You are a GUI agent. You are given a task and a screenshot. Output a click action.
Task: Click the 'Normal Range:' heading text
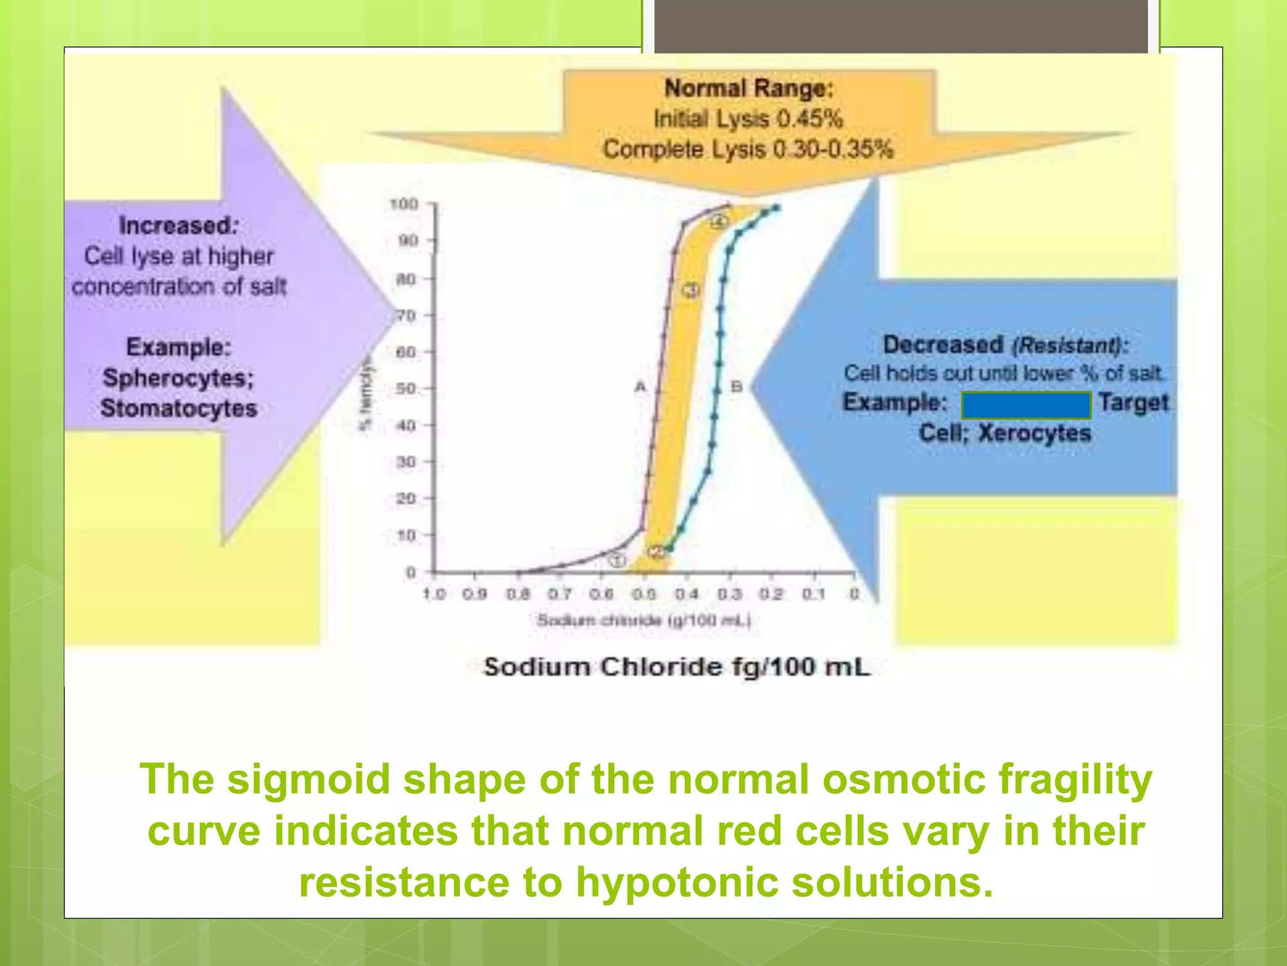[x=748, y=89]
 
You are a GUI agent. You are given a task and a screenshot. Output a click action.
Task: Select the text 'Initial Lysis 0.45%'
[x=748, y=119]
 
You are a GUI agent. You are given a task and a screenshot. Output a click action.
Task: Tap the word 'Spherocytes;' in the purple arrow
[x=178, y=378]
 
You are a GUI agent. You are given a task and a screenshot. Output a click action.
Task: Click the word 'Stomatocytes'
[x=179, y=408]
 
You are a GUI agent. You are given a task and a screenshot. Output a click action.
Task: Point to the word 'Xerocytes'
[x=1034, y=433]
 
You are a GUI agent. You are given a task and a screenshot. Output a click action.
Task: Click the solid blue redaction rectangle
[x=1026, y=405]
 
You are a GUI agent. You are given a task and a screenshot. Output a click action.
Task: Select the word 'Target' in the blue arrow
[x=1134, y=402]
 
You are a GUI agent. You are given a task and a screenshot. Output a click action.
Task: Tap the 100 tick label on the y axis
[x=403, y=204]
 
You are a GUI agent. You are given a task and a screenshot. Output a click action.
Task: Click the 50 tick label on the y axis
[x=406, y=389]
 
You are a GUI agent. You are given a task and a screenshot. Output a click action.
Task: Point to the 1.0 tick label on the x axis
[x=434, y=594]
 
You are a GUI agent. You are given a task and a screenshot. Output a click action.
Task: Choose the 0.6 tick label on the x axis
[x=601, y=594]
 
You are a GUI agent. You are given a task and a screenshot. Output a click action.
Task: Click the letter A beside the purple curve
[x=640, y=386]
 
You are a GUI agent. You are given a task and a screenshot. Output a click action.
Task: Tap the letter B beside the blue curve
[x=737, y=386]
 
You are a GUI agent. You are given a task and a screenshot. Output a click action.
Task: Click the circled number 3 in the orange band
[x=691, y=290]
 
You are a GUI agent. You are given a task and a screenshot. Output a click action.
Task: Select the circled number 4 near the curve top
[x=720, y=222]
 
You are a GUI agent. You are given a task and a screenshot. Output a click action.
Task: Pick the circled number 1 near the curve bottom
[x=618, y=560]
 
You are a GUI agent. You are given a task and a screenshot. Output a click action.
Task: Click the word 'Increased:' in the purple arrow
[x=178, y=226]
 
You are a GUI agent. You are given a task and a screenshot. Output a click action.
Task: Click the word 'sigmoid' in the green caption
[x=308, y=779]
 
